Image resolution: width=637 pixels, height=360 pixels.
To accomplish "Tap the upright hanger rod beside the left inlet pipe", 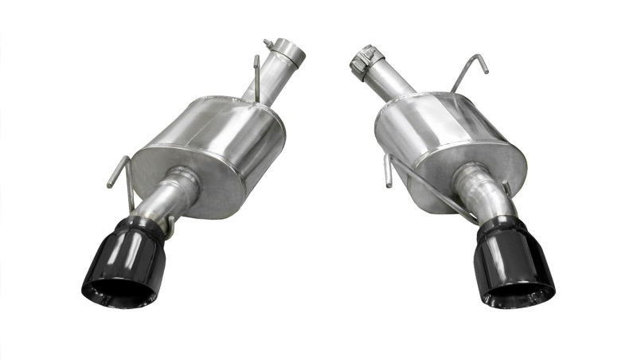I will pos(256,76).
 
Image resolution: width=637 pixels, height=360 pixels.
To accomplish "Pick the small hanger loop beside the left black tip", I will pos(170,227).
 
